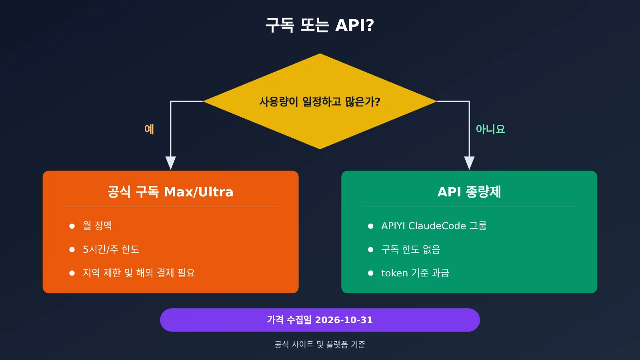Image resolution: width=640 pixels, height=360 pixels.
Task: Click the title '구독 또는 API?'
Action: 320,25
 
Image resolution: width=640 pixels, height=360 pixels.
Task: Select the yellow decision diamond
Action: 320,101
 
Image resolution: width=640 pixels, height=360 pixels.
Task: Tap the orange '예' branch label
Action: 149,129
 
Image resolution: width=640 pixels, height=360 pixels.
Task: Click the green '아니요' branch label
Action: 490,129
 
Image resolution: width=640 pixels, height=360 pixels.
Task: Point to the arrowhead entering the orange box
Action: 170,163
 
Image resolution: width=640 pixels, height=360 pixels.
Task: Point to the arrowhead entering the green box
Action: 469,163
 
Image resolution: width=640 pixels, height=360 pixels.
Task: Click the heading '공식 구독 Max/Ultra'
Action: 170,192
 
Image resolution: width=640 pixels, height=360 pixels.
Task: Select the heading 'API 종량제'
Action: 469,192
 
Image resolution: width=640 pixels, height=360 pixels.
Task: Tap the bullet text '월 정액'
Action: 98,226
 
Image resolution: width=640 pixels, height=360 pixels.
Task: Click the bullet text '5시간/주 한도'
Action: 111,250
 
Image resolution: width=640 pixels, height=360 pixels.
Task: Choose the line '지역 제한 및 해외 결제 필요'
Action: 139,273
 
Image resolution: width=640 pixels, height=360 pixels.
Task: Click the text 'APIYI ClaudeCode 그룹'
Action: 434,226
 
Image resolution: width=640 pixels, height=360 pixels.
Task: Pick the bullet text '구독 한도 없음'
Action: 410,250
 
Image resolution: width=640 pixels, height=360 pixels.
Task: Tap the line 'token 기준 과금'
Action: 415,273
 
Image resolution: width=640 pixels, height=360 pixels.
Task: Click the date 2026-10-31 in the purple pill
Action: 344,320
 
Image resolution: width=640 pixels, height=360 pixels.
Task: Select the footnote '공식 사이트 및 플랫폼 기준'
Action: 320,344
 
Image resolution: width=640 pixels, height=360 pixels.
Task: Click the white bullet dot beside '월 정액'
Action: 72,226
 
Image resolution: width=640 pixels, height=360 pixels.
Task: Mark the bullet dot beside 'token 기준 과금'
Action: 370,273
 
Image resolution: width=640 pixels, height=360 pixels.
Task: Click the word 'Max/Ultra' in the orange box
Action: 198,192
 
